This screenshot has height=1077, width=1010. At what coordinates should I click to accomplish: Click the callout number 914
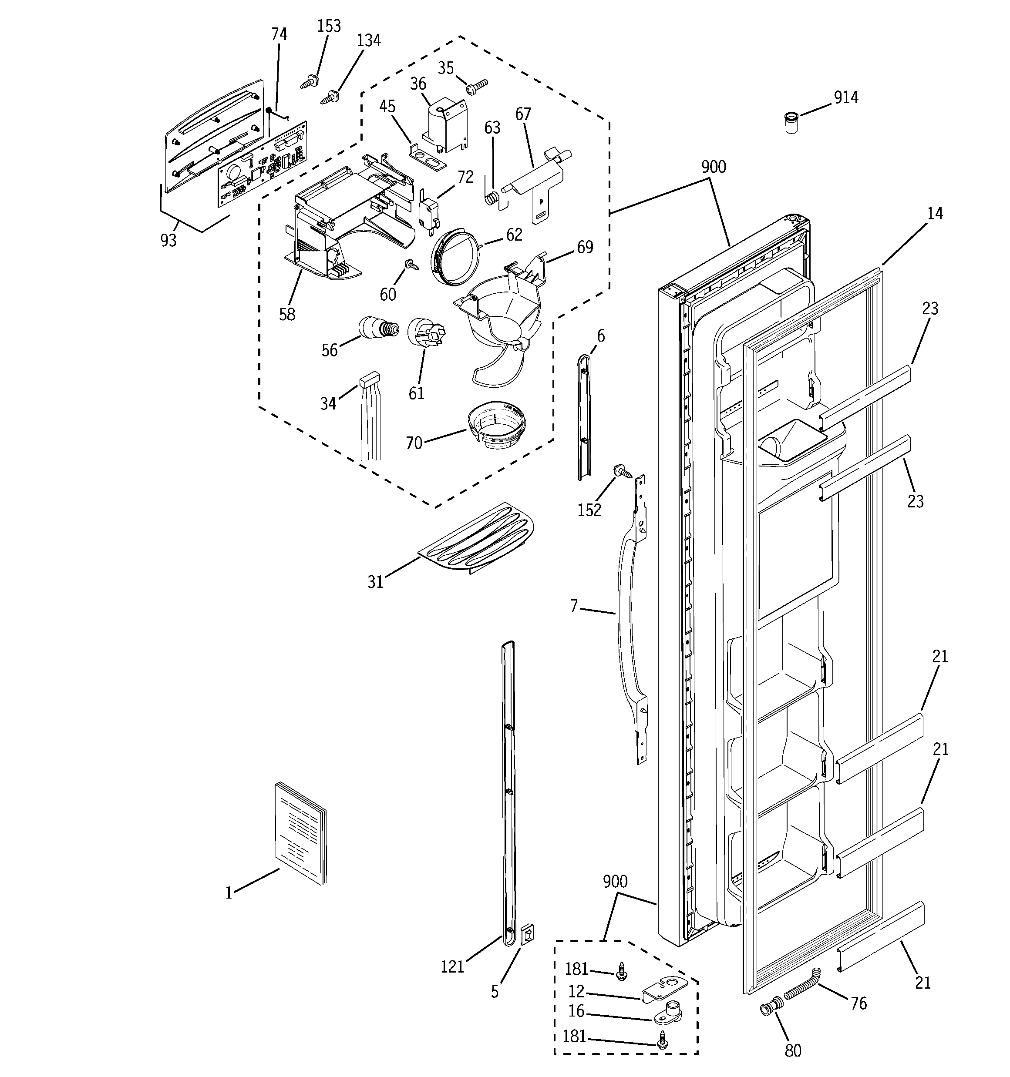(x=846, y=97)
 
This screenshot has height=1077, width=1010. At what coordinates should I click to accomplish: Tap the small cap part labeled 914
(x=791, y=123)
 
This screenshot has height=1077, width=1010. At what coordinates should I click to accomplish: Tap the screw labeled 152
(x=621, y=470)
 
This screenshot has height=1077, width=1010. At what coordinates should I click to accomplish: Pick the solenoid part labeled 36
(x=446, y=126)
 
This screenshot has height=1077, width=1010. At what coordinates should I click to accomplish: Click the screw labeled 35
(x=477, y=85)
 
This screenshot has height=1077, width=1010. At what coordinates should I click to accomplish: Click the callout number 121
(x=452, y=966)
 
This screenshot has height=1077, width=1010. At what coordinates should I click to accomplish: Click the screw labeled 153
(x=309, y=82)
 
